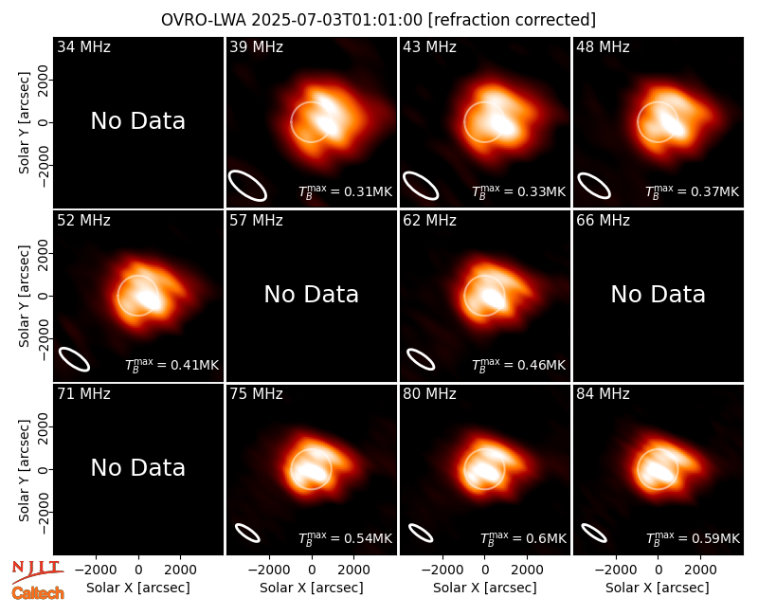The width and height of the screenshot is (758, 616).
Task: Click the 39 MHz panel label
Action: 256,46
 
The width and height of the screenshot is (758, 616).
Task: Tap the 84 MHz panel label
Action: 603,394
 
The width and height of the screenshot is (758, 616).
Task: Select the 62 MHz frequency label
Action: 430,221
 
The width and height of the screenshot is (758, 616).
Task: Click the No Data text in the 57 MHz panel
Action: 312,294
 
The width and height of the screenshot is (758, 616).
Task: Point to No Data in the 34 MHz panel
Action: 138,121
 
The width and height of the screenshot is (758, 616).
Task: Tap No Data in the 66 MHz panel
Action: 658,294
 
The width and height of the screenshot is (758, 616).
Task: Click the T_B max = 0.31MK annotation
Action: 345,191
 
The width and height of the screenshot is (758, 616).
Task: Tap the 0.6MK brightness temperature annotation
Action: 523,538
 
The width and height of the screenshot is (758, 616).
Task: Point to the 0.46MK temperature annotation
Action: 518,365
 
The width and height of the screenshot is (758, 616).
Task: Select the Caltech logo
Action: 38,593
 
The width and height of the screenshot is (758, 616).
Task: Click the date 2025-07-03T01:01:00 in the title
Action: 337,20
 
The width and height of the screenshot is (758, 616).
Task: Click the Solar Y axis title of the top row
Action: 25,123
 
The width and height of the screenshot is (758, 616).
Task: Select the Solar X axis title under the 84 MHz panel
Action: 658,588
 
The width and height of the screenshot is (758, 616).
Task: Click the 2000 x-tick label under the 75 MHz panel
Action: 353,571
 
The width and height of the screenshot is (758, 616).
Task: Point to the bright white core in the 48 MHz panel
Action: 673,122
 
